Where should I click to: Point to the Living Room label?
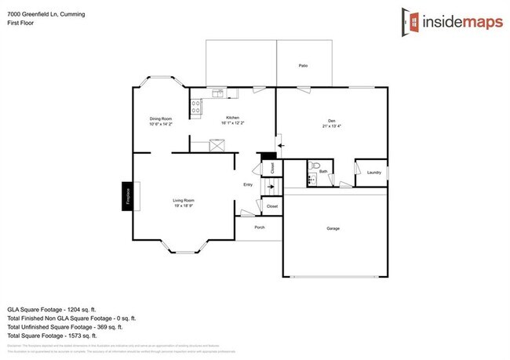pos(184,201)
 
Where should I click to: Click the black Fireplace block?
pos(126,195)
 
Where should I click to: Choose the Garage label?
pos(333,228)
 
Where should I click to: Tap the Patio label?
pos(303,65)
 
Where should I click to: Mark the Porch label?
pos(260,227)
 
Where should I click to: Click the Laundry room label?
pos(373,172)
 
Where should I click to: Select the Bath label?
pos(322,170)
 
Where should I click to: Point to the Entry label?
pos(248,185)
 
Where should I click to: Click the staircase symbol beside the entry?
pos(271,185)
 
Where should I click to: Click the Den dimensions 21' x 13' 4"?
pos(331,125)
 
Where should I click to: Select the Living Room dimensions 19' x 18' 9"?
pos(184,205)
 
